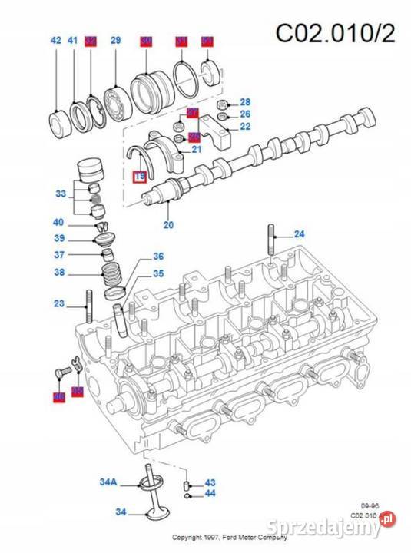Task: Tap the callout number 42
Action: (55, 40)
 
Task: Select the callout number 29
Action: (115, 40)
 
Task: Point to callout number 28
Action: (245, 102)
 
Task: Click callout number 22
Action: (245, 127)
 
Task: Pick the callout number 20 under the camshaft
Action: (169, 225)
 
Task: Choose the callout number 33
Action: (61, 194)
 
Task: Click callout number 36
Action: (158, 257)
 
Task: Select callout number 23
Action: (59, 304)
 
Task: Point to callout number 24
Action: (299, 233)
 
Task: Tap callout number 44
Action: (210, 493)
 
